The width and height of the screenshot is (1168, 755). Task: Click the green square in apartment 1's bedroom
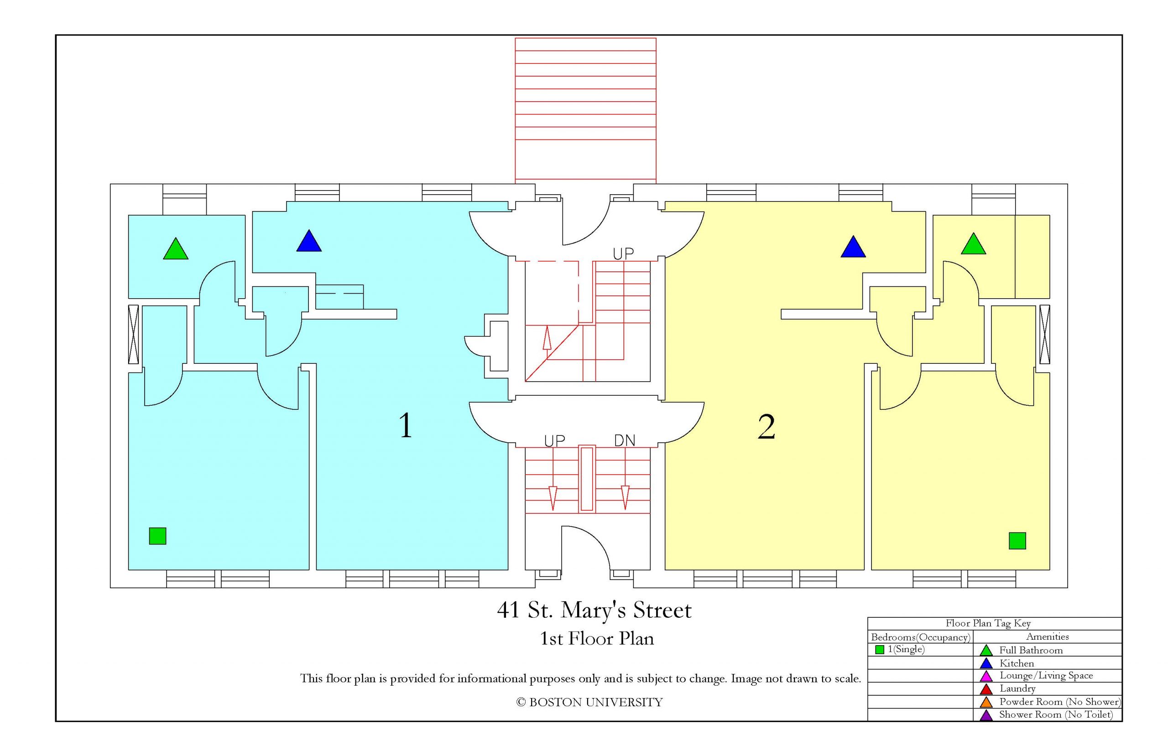[x=157, y=536]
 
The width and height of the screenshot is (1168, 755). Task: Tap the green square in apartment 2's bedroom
[x=1017, y=541]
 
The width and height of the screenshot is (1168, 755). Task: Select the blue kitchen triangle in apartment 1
[x=308, y=241]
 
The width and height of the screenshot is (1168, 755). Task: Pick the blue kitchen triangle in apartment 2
[x=853, y=247]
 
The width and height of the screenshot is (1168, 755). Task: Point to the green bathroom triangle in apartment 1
[x=176, y=249]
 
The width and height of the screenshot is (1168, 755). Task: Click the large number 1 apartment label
[x=405, y=425]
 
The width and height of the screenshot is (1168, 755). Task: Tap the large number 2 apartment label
[x=766, y=427]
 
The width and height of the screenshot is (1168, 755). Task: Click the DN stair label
[x=625, y=441]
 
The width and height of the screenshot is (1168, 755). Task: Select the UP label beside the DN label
[x=554, y=441]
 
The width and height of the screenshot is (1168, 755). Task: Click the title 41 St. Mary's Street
[x=594, y=610]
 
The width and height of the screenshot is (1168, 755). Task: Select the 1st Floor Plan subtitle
[x=596, y=638]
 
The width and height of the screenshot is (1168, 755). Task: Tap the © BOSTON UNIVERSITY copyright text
[x=589, y=702]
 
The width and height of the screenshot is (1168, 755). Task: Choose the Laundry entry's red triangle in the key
[x=986, y=689]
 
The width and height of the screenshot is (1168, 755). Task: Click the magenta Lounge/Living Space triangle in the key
[x=986, y=676]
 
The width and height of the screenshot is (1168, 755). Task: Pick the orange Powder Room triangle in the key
[x=986, y=702]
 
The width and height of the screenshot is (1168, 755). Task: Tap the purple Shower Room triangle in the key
[x=986, y=715]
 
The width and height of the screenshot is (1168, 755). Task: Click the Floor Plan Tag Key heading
[x=988, y=624]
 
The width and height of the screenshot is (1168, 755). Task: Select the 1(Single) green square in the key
[x=880, y=650]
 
